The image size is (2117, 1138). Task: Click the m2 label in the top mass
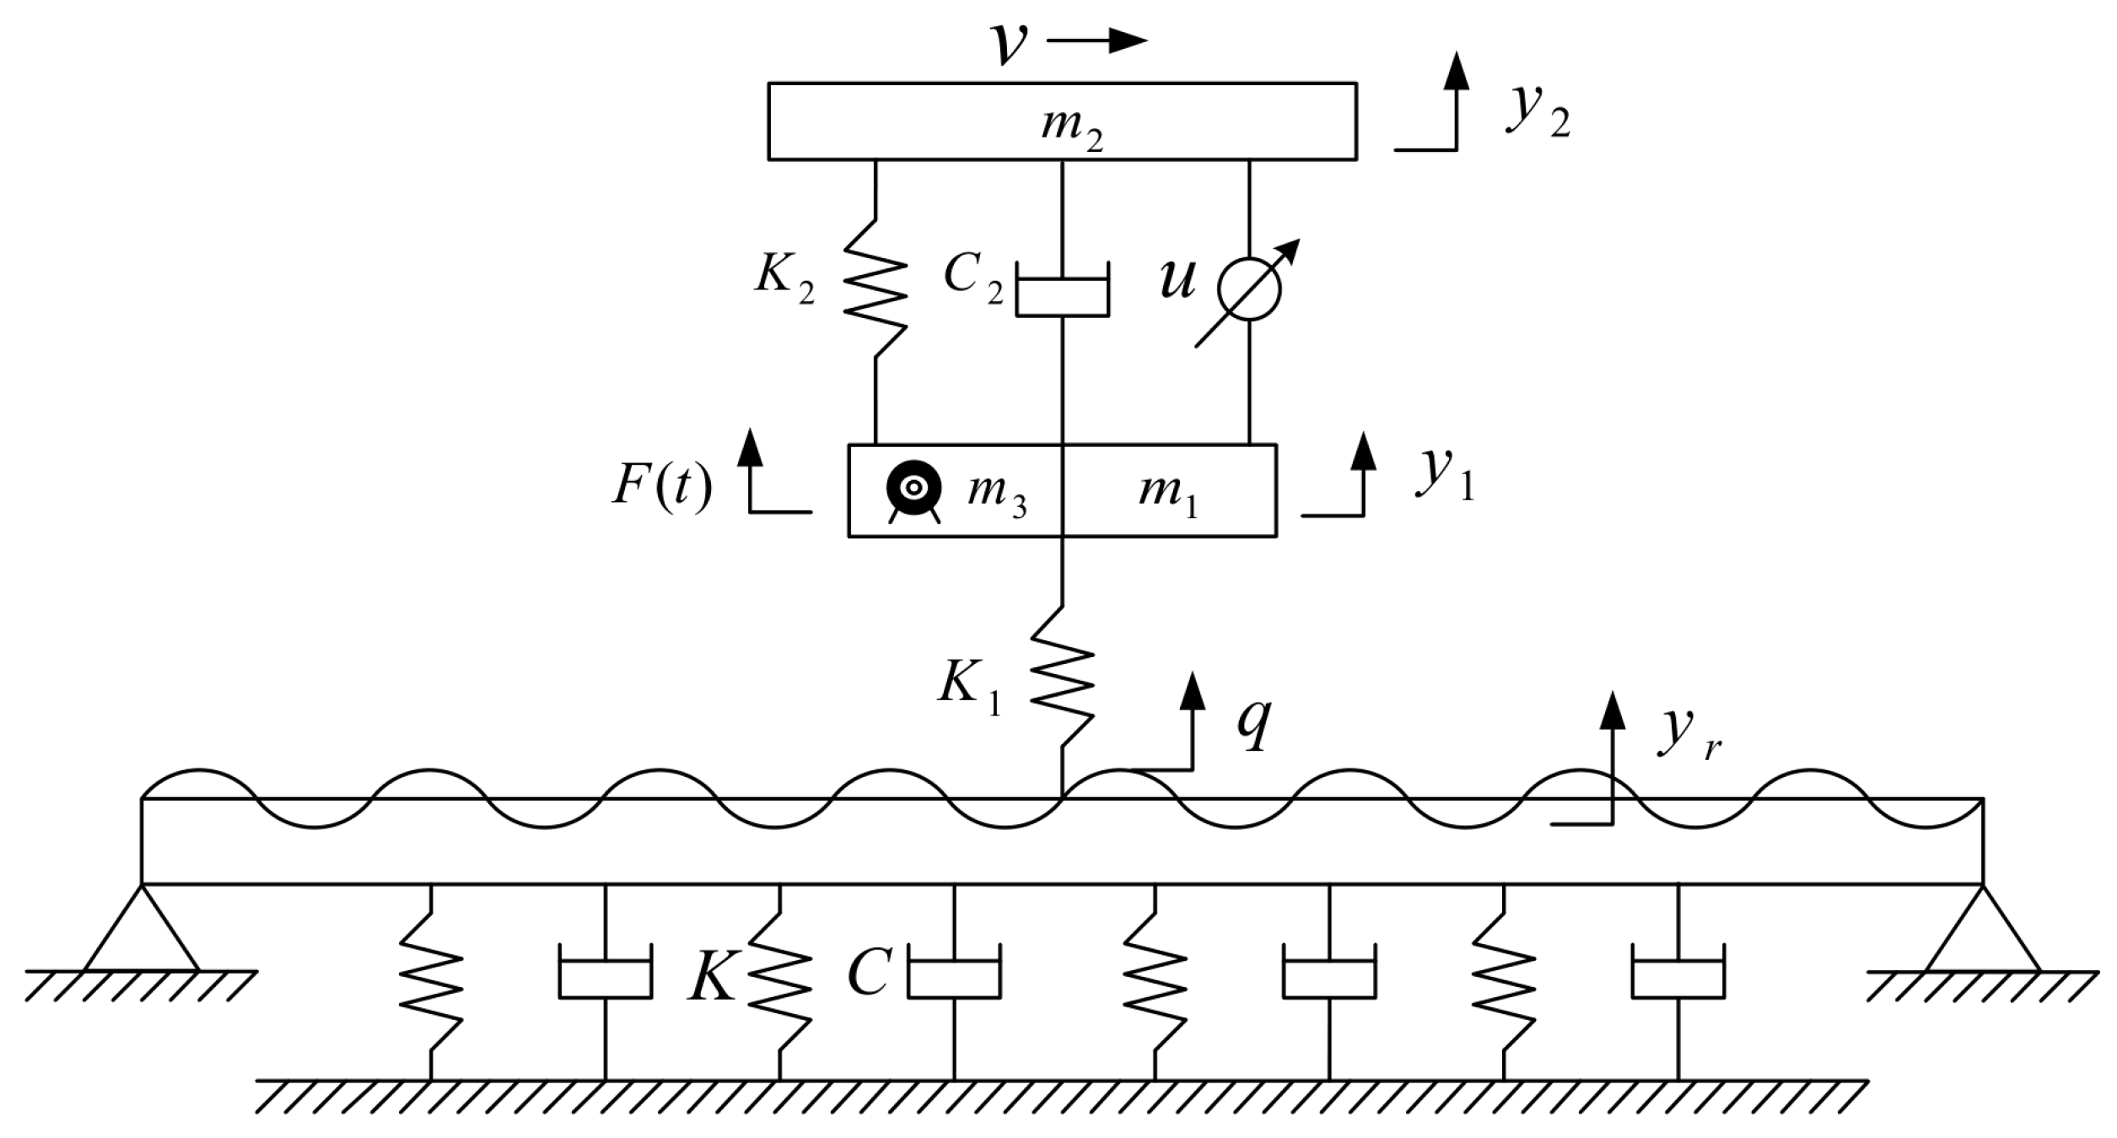1071,129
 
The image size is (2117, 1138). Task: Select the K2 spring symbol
876,289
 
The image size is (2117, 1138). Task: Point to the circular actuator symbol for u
1249,289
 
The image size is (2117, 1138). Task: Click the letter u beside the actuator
1177,278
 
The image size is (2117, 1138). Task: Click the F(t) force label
662,487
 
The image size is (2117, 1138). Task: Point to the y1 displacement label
1444,477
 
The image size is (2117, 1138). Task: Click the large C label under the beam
869,973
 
